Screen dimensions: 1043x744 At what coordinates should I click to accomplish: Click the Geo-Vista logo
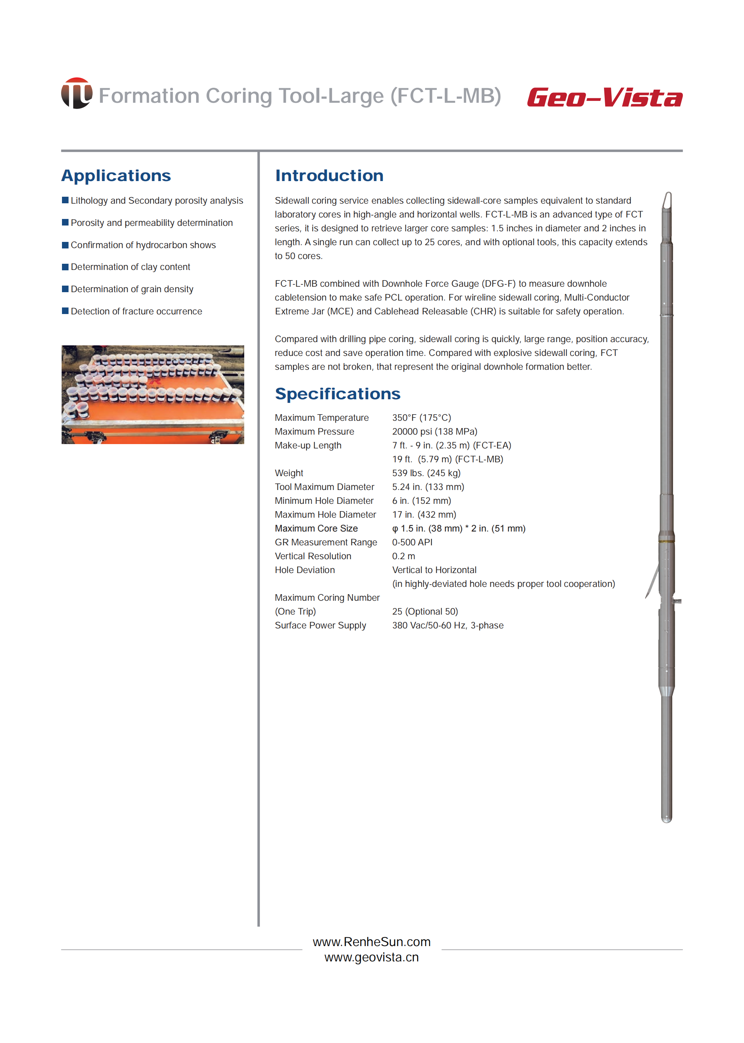[x=604, y=98]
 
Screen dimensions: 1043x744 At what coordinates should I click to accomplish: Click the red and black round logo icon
[x=77, y=93]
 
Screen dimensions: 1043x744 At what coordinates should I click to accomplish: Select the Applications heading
[x=116, y=176]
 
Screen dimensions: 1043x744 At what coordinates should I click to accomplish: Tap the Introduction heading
[x=329, y=176]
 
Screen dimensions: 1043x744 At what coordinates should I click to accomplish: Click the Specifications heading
[x=337, y=394]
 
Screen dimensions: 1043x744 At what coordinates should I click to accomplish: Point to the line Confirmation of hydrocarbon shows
[x=143, y=245]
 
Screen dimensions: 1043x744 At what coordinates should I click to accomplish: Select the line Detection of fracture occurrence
[x=136, y=311]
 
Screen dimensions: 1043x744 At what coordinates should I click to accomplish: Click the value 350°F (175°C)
[x=421, y=417]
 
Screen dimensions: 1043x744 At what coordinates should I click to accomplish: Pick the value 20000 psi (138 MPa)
[x=434, y=431]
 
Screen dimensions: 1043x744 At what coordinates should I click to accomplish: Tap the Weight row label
[x=289, y=473]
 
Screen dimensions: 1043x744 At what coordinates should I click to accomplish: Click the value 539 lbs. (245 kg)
[x=426, y=473]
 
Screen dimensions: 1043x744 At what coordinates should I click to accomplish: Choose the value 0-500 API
[x=412, y=542]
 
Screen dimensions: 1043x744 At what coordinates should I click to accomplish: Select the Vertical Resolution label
[x=313, y=556]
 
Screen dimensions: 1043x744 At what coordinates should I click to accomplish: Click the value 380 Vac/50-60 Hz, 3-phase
[x=448, y=626]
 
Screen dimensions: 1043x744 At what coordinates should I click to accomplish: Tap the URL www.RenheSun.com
[x=371, y=942]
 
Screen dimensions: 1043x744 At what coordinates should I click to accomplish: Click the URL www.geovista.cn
[x=371, y=957]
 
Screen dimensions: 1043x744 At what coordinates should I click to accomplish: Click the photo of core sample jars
[x=153, y=394]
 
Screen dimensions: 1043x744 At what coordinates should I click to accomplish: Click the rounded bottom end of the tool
[x=667, y=819]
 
